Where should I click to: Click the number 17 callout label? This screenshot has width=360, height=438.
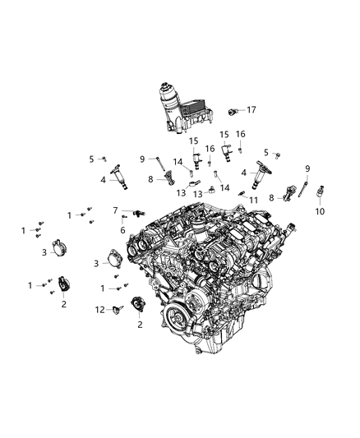(x=252, y=109)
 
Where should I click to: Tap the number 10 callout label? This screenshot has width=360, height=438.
(x=320, y=211)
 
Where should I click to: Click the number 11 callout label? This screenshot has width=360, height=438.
(x=255, y=201)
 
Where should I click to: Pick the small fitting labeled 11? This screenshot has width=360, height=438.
(x=242, y=194)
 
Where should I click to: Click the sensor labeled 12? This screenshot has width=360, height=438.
(x=116, y=309)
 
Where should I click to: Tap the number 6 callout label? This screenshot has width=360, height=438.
(x=122, y=229)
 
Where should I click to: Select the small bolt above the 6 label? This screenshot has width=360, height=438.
(x=123, y=219)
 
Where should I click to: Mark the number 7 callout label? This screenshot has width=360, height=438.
(x=116, y=210)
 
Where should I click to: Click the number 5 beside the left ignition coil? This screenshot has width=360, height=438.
(x=91, y=159)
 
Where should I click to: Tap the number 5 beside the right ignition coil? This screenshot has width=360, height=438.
(x=265, y=152)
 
